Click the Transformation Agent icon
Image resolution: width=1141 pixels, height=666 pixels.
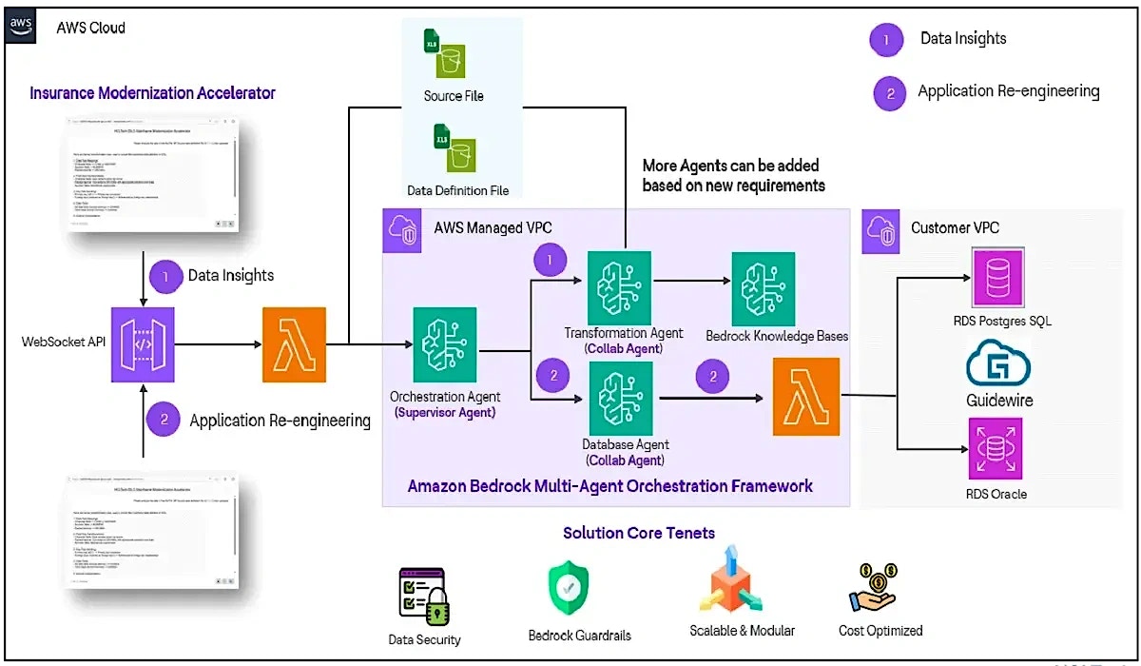point(620,284)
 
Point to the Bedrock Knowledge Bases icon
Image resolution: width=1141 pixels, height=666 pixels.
point(763,284)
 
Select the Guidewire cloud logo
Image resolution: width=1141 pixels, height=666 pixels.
point(998,365)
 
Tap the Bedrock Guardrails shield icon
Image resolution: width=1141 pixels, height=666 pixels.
point(569,590)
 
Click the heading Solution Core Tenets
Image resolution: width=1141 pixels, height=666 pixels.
point(638,533)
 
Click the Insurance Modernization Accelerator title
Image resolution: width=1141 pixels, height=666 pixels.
point(152,93)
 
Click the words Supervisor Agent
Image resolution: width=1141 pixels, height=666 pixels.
point(445,412)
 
